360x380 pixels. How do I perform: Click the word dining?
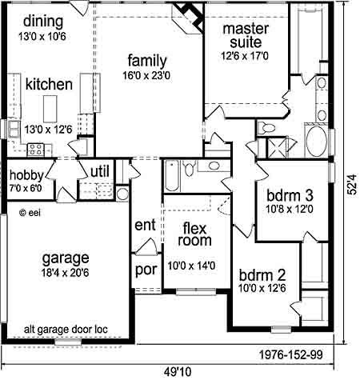coord(43,22)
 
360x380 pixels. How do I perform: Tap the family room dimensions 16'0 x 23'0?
coord(146,76)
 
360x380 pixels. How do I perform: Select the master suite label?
coord(246,35)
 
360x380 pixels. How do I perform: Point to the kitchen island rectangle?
coord(50,109)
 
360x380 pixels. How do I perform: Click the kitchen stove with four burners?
coord(36,150)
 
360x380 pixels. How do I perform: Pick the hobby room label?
coord(26,175)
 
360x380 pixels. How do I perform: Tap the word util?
coord(100,171)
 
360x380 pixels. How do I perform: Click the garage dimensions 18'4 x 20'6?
coord(65,273)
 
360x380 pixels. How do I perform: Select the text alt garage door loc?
coord(66,330)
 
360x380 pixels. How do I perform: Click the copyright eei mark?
coord(30,213)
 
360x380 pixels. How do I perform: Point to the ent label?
coord(145,225)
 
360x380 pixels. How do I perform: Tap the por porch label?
coord(146,270)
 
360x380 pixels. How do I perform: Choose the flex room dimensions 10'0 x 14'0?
coord(191,266)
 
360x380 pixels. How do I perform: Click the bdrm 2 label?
coord(262,275)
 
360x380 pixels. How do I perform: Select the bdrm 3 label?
coord(290,196)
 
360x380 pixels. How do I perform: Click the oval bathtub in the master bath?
coord(316,141)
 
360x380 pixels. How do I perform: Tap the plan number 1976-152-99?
coord(291,355)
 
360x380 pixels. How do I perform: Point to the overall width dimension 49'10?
coord(178,371)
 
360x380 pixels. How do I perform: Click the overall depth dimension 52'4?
coord(353,185)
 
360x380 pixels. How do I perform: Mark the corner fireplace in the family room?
coord(189,18)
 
